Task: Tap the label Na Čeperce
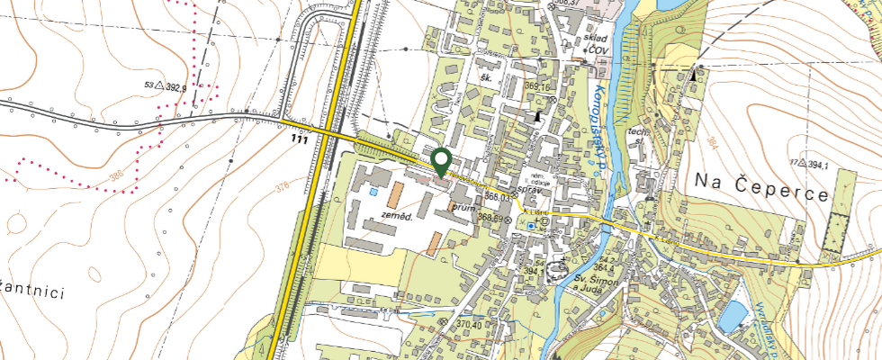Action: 760,179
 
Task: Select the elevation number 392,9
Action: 170,87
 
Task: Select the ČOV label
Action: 598,52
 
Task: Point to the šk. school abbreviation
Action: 489,78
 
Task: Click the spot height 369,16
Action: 536,86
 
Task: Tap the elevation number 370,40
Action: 470,323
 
